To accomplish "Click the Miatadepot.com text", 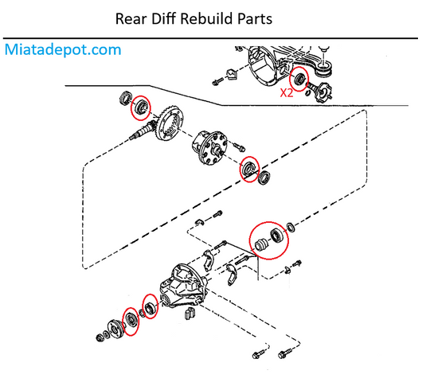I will [64, 49].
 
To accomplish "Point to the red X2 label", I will [287, 92].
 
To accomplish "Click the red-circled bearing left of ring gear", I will [142, 107].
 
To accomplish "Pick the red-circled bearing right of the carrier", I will [250, 169].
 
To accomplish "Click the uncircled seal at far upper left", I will [126, 99].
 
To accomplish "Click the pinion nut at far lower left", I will [100, 339].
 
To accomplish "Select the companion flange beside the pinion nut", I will [114, 327].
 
